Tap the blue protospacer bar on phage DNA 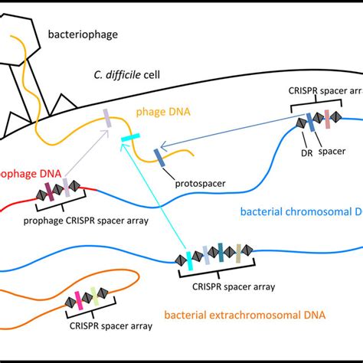159,155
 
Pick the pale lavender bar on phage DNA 109,119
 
